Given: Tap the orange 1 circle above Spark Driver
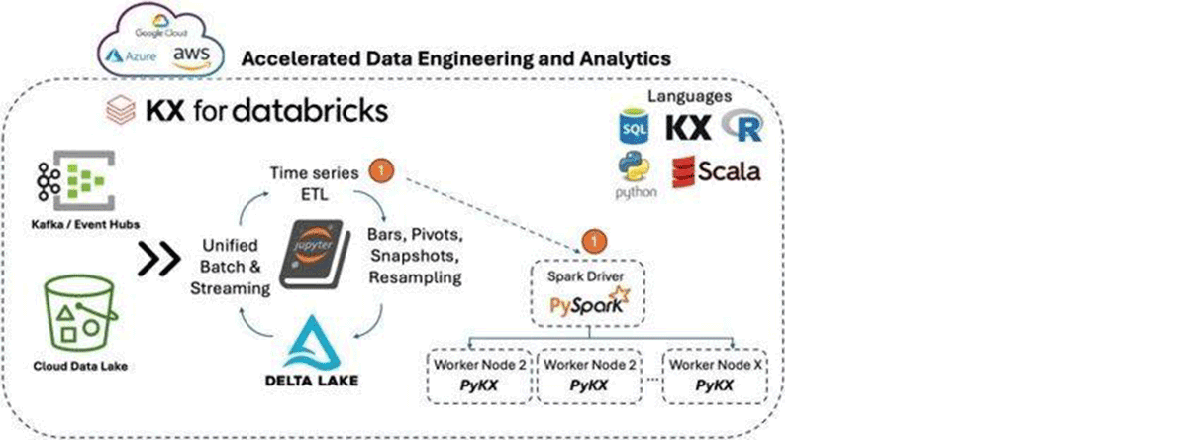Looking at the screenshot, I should (x=592, y=240).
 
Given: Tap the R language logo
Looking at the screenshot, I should (x=742, y=126).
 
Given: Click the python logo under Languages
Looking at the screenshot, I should (x=634, y=177).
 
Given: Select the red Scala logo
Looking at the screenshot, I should (x=717, y=170).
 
